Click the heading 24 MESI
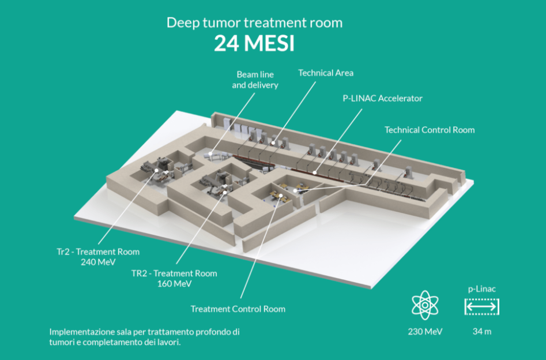point(254,44)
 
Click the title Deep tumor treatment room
point(254,23)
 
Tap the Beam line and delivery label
point(255,80)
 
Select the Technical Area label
point(326,73)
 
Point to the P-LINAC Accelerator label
point(383,98)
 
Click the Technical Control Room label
point(430,130)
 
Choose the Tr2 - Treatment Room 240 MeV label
point(98,257)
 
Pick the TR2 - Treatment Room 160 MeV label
point(174,278)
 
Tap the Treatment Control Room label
point(238,309)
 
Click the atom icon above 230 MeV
point(425,305)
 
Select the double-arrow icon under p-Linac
point(482,307)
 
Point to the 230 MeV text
point(425,331)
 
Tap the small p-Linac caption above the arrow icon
point(482,288)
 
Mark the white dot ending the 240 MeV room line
point(165,172)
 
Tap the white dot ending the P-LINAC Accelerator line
point(314,171)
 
